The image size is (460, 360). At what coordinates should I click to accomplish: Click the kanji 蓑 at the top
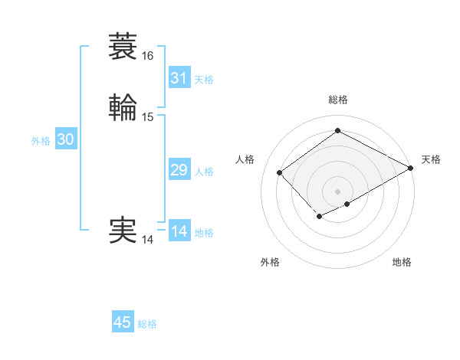coord(123,47)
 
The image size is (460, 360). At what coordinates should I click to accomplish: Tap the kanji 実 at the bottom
coord(123,231)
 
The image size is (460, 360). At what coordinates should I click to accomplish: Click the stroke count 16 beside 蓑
coord(148,56)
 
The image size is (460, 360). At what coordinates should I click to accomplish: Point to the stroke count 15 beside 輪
coord(148,117)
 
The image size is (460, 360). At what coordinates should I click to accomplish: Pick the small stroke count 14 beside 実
coord(148,240)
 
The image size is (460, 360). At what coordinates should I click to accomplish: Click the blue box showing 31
coord(179,78)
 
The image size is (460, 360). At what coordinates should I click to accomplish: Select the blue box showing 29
coord(179,170)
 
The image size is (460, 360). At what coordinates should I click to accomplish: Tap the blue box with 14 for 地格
coord(179,231)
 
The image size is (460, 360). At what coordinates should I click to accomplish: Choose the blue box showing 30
coord(66,139)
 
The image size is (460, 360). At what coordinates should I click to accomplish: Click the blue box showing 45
coord(123,322)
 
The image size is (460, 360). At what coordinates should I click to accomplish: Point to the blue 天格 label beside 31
coord(204,80)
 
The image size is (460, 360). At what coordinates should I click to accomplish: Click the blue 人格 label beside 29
coord(204,172)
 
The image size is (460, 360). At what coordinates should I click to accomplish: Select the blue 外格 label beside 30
coord(41,141)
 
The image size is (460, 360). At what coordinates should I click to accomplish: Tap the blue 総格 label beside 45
coord(147,324)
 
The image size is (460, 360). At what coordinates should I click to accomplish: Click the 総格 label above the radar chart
coord(337,100)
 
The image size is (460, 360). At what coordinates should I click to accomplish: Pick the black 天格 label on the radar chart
coord(431,159)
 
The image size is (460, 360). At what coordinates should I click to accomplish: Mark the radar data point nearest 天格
coord(411,169)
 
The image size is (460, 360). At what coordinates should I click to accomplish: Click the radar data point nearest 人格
coord(280,172)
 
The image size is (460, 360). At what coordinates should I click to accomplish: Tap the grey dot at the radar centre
coord(337,191)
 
